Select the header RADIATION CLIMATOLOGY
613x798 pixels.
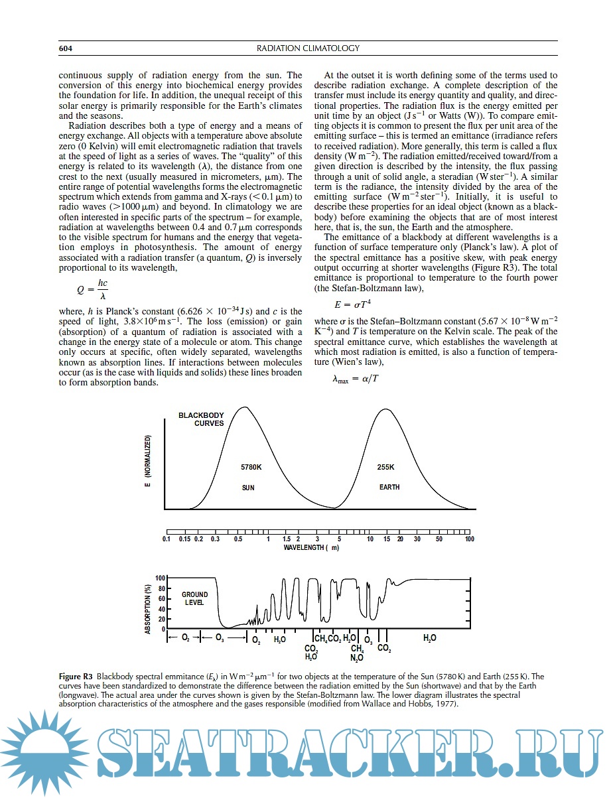308,48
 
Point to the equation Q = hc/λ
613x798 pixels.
92,289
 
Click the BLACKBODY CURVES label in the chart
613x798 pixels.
201,419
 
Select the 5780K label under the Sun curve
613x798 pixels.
251,467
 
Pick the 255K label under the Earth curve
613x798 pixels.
385,467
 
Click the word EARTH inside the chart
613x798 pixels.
389,488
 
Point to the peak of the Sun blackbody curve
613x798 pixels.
245,407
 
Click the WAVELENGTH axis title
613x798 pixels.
312,547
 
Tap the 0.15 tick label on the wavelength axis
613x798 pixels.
184,539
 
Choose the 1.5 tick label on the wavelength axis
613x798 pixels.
287,539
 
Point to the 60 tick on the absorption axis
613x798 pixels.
161,598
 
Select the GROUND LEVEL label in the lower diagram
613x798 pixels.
194,598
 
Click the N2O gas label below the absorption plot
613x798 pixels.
356,657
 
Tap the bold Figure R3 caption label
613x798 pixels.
76,677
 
